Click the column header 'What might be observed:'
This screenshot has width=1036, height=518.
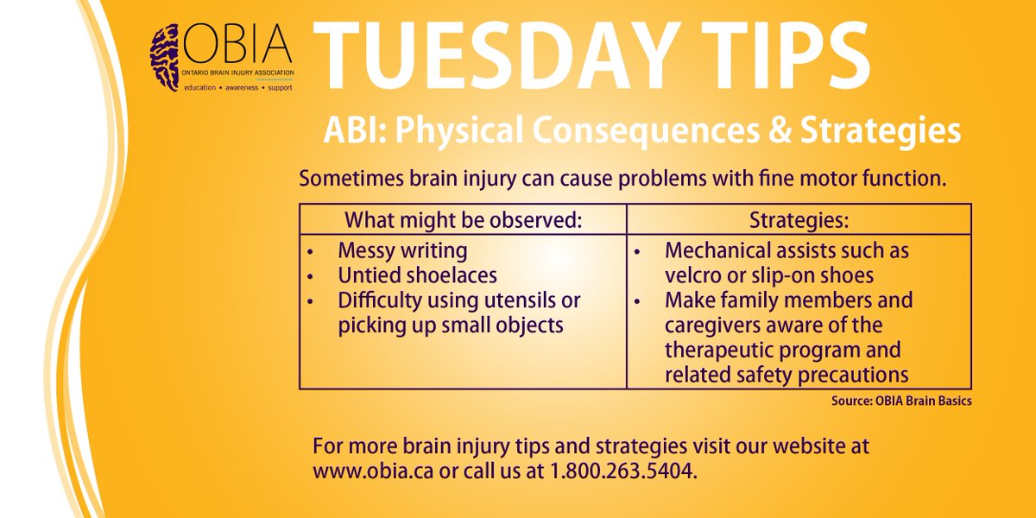(462, 219)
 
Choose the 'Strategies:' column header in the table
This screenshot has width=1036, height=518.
(799, 219)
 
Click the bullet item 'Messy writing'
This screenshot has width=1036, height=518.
(402, 251)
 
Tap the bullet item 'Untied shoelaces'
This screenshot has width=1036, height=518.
(418, 275)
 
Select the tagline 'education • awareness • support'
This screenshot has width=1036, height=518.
(221, 88)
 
